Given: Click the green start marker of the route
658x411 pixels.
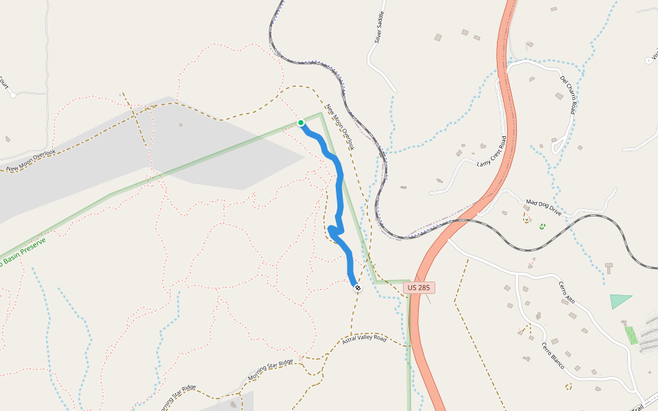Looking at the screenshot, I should (x=300, y=123).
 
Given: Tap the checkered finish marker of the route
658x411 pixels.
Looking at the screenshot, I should (x=357, y=288).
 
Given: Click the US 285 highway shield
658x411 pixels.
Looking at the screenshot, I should (x=419, y=288).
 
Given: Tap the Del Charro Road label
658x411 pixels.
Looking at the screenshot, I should (x=568, y=94).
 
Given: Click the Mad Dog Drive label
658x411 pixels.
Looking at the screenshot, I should (x=543, y=208).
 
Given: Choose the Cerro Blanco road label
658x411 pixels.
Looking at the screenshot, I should (x=552, y=355).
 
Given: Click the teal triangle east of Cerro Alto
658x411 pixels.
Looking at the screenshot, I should (x=620, y=301).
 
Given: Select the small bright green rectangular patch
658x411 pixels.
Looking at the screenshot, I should (x=631, y=334).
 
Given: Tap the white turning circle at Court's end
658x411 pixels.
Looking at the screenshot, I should (x=13, y=95).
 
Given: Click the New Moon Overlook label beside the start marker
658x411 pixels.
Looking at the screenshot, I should (x=337, y=123).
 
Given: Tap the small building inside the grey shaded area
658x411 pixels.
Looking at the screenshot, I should (x=180, y=125).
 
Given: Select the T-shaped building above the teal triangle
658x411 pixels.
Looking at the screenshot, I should (x=609, y=266).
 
